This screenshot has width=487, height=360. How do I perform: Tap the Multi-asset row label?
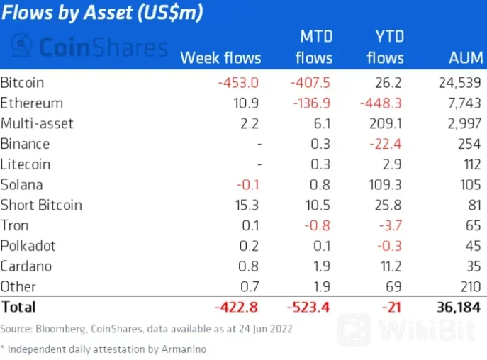(x=37, y=123)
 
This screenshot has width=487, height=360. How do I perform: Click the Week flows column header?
(x=220, y=57)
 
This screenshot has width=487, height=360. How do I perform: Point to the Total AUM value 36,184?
(x=455, y=308)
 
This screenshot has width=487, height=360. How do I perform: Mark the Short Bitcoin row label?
(x=41, y=206)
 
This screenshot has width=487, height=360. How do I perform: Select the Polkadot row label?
(x=28, y=246)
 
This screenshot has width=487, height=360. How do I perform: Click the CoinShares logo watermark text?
(x=92, y=47)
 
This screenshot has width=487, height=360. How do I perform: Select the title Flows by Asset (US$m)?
(x=101, y=13)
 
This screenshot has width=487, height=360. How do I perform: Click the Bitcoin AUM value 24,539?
(x=460, y=82)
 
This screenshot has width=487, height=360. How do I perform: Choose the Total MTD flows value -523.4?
(x=310, y=308)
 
